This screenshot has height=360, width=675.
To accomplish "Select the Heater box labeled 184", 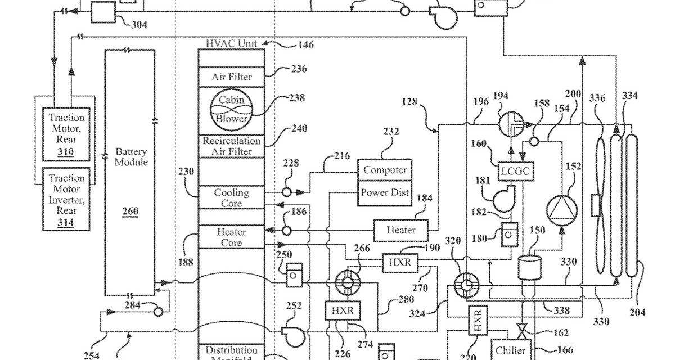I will pyautogui.click(x=401, y=230).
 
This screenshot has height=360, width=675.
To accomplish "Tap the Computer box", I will pyautogui.click(x=385, y=170).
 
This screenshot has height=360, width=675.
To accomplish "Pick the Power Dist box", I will pyautogui.click(x=385, y=192).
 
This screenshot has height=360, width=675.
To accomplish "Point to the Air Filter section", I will pyautogui.click(x=232, y=77).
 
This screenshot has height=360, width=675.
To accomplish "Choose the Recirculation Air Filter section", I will pyautogui.click(x=232, y=146).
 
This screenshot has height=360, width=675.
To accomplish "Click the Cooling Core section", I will pyautogui.click(x=232, y=197).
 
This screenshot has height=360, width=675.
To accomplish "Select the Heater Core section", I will pyautogui.click(x=232, y=237).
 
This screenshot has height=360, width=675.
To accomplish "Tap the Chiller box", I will pyautogui.click(x=511, y=350).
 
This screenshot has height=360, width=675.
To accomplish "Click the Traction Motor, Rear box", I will pyautogui.click(x=66, y=134).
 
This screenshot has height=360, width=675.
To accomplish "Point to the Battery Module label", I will pyautogui.click(x=131, y=157).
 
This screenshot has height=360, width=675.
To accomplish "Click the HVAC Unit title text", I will pyautogui.click(x=232, y=43).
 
